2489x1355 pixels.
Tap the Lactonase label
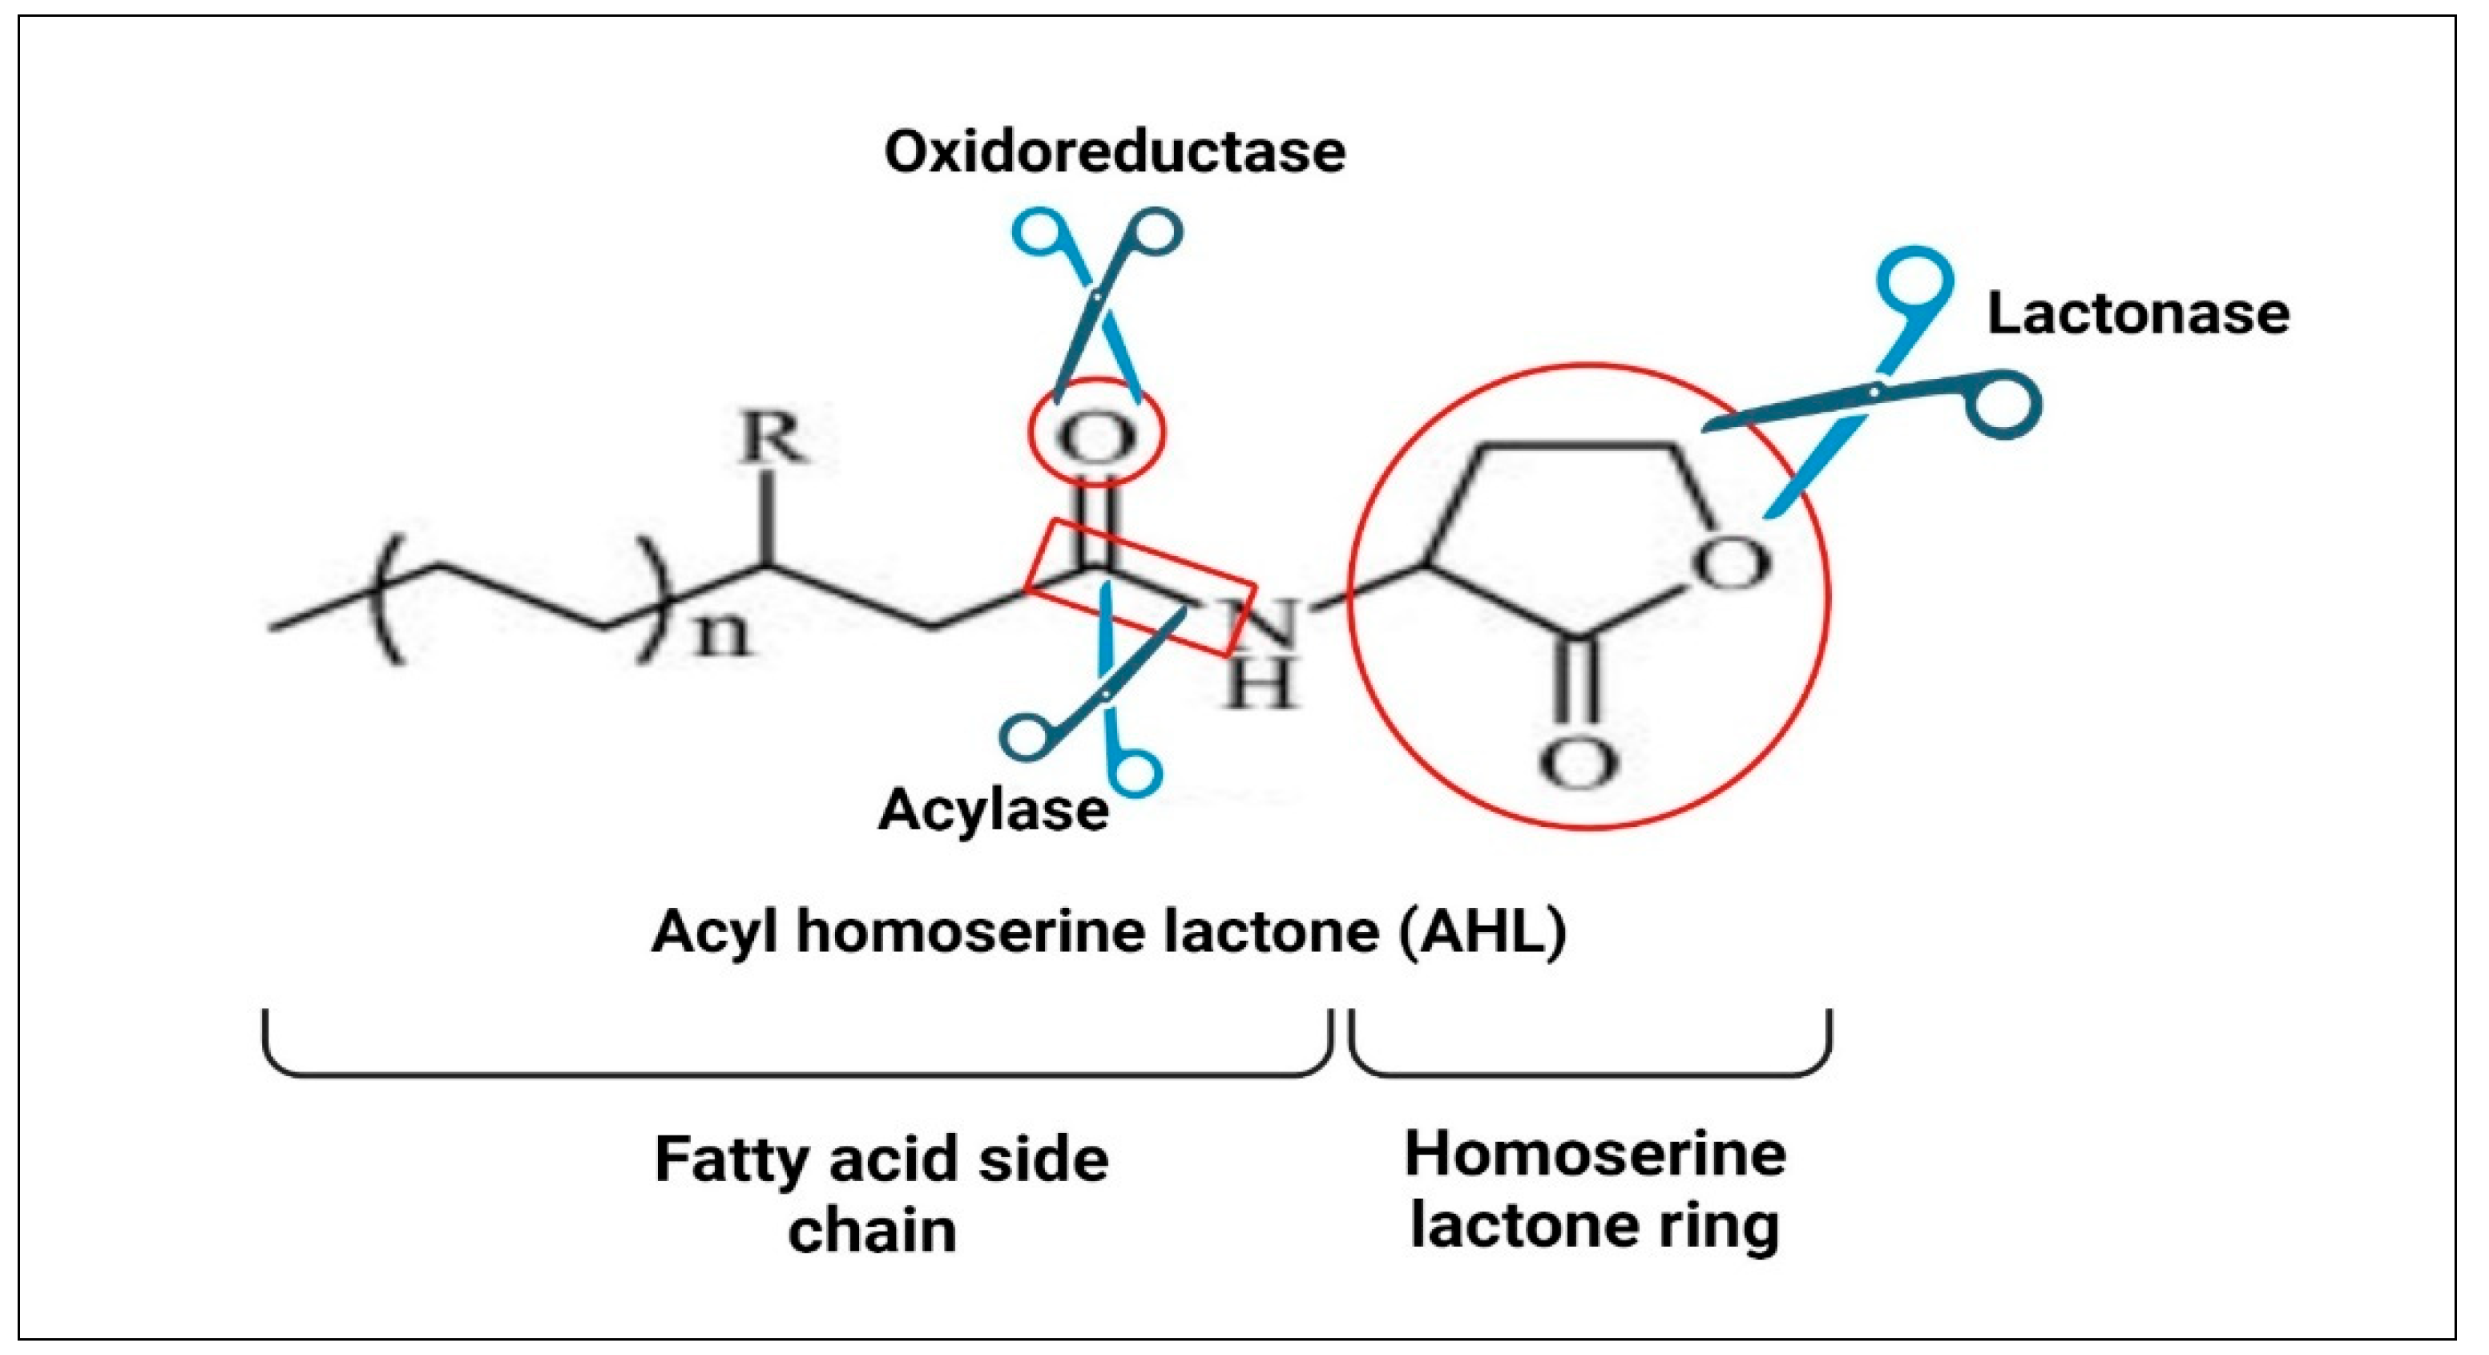click(x=2137, y=314)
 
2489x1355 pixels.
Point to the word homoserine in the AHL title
click(x=976, y=933)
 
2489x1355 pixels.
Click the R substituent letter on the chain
click(x=770, y=440)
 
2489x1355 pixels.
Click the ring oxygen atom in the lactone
click(x=1733, y=563)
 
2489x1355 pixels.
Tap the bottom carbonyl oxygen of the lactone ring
click(x=1578, y=764)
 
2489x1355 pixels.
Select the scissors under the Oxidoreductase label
click(x=1098, y=300)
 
